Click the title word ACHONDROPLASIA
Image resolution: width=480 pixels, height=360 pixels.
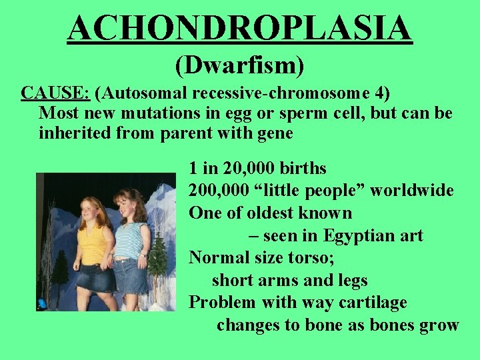[240, 29]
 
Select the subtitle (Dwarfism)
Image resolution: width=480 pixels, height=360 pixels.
[240, 65]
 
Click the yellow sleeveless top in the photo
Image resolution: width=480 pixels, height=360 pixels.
[93, 243]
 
